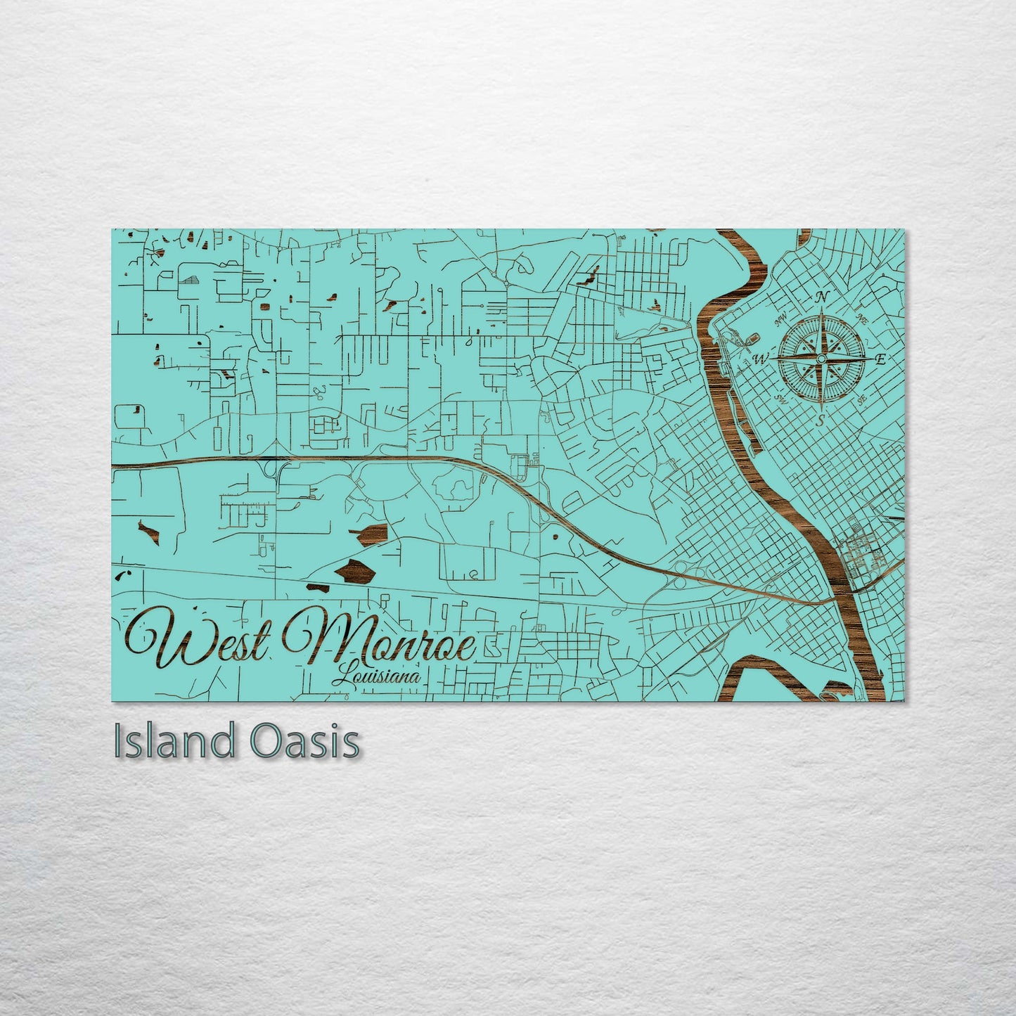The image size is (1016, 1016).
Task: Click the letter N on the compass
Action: (x=820, y=297)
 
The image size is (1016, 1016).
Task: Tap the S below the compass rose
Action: (x=820, y=420)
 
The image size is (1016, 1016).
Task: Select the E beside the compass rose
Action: (x=878, y=359)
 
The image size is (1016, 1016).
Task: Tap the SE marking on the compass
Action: (x=861, y=398)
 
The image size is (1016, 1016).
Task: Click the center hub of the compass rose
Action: (x=821, y=359)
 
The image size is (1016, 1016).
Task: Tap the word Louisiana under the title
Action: (x=378, y=676)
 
